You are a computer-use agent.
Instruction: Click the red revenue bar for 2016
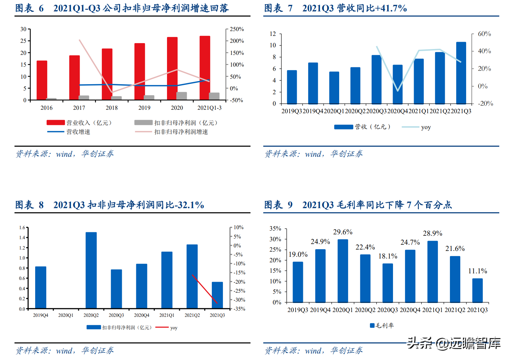pyautogui.click(x=42, y=80)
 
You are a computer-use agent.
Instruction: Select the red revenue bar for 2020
pyautogui.click(x=172, y=68)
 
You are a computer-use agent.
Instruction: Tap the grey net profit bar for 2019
pyautogui.click(x=149, y=97)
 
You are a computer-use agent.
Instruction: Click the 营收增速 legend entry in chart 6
pyautogui.click(x=78, y=132)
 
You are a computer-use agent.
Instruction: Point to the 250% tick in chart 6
pyautogui.click(x=237, y=29)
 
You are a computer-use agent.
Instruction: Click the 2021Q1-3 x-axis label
pyautogui.click(x=209, y=108)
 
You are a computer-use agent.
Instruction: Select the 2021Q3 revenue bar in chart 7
pyautogui.click(x=461, y=73)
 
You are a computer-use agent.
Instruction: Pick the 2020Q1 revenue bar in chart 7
pyautogui.click(x=334, y=88)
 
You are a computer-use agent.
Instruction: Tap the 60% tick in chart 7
pyautogui.click(x=484, y=34)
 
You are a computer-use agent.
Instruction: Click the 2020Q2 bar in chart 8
pyautogui.click(x=91, y=270)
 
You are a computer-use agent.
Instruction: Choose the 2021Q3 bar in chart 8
pyautogui.click(x=217, y=295)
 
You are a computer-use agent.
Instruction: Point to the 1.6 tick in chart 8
pyautogui.click(x=22, y=228)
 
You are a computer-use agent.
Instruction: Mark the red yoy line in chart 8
pyautogui.click(x=205, y=289)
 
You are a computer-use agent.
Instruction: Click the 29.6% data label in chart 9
pyautogui.click(x=343, y=232)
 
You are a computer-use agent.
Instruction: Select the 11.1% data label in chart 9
pyautogui.click(x=478, y=271)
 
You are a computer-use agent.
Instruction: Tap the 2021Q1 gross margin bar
pyautogui.click(x=433, y=272)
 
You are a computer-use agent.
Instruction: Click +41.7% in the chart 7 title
pyautogui.click(x=391, y=8)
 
